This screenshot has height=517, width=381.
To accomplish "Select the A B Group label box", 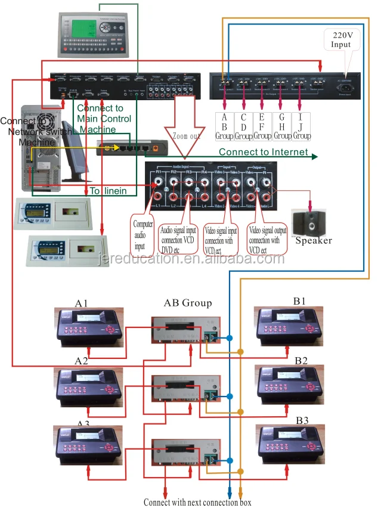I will pyautogui.click(x=225, y=126).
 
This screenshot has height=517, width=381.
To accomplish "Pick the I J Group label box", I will pyautogui.click(x=301, y=126).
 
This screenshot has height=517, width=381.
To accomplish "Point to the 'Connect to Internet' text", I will pyautogui.click(x=263, y=152).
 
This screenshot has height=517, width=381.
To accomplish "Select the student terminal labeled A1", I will pyautogui.click(x=89, y=327).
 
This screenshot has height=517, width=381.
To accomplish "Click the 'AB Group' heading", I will pyautogui.click(x=187, y=303).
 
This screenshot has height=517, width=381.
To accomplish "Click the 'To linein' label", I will pyautogui.click(x=106, y=191).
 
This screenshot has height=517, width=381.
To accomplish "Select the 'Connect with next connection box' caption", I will pyautogui.click(x=197, y=503).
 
